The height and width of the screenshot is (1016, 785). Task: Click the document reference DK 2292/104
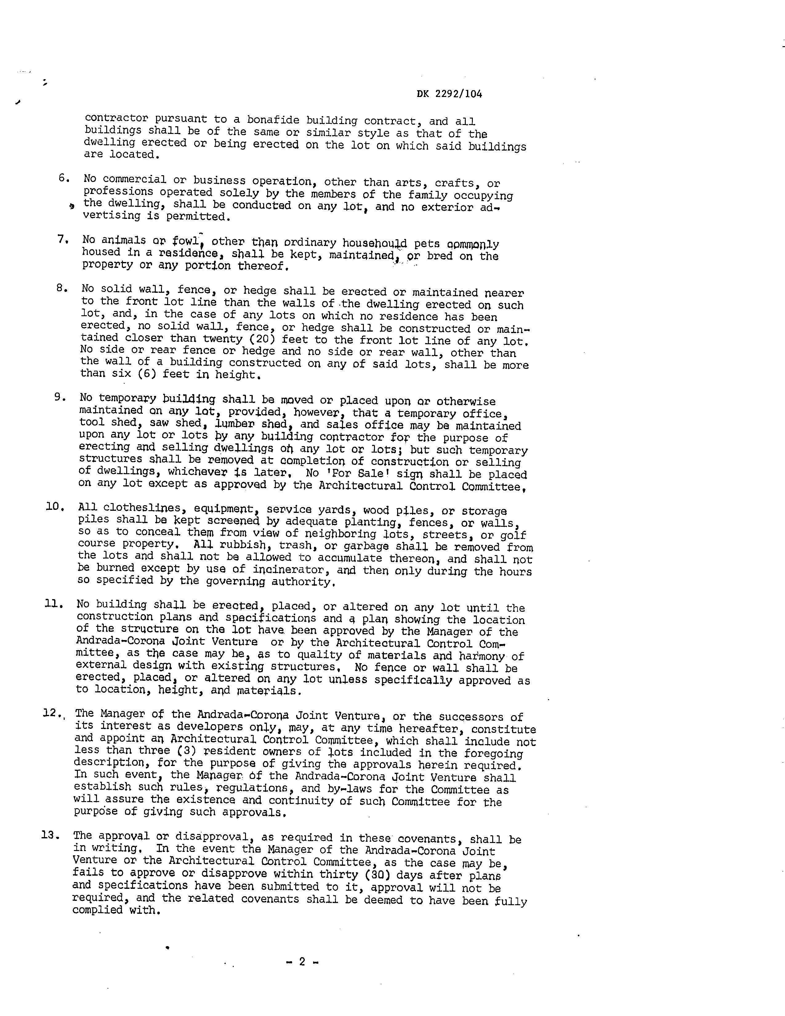[449, 94]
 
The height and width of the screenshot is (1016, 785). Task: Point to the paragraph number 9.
[60, 397]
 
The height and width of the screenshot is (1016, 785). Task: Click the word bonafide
[273, 120]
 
